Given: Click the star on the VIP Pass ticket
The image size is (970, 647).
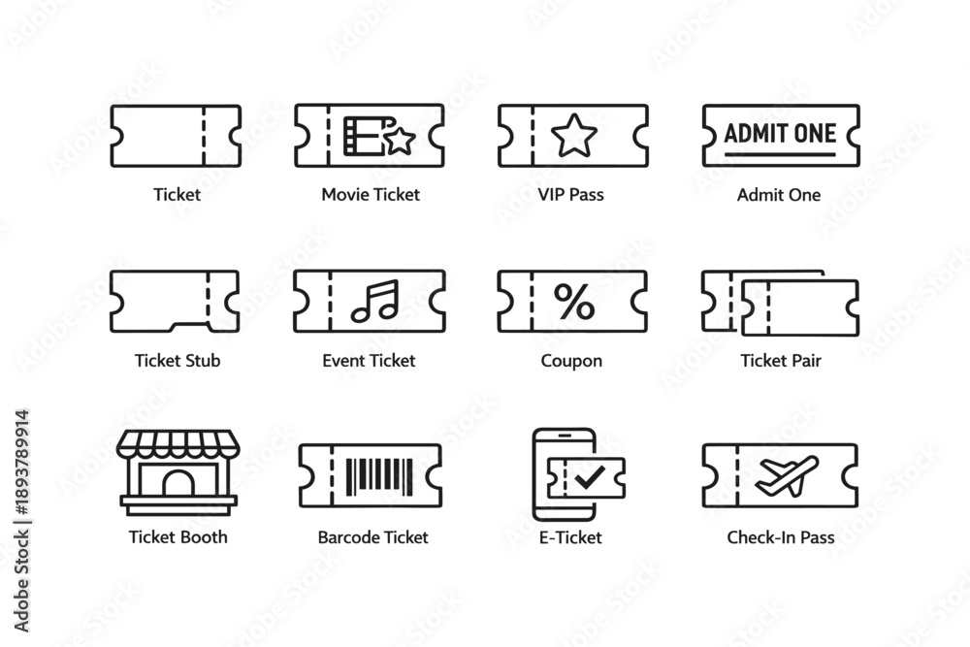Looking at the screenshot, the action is pos(574,136).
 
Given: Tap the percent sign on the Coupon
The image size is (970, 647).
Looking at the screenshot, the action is pos(574,302).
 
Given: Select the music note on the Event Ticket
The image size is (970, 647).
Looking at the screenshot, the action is pos(375,302).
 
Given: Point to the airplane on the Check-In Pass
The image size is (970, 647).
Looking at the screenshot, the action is pos(788,475).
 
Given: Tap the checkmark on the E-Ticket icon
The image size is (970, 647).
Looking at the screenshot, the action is pos(589,476).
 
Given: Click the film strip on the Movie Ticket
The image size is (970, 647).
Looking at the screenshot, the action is pos(365,136).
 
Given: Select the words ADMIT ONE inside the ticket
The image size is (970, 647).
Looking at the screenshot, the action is pos(780,134).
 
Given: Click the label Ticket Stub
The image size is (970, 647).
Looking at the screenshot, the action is pos(178,361).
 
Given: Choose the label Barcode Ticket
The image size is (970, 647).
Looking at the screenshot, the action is pos(373,536).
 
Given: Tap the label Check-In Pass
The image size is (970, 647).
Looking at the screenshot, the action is pos(781,536).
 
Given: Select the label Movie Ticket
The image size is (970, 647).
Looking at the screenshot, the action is pos(371,194).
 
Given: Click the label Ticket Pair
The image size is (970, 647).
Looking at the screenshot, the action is pos(781,361).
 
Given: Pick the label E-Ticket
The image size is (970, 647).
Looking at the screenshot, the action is pos(570,536).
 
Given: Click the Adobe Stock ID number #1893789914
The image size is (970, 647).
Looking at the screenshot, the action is pos(22,462).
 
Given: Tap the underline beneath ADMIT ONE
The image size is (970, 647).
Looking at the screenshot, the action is pos(780,154).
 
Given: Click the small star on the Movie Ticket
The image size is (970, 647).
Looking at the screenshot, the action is pos(401,141).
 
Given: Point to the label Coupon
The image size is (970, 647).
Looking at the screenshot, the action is pos(571,361).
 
